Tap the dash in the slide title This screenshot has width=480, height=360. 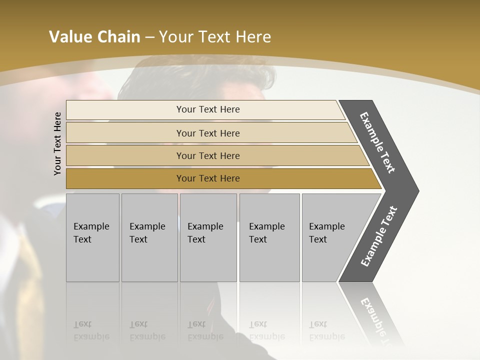[149, 37]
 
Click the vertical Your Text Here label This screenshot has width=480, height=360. [57, 143]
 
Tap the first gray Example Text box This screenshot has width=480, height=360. [92, 237]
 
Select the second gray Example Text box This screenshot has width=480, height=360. [149, 237]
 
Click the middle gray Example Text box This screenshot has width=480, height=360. [208, 237]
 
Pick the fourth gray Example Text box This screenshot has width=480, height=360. [269, 237]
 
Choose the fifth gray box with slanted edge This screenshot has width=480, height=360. [330, 237]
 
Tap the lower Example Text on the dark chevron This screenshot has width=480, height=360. [379, 236]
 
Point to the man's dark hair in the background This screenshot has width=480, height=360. [200, 75]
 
